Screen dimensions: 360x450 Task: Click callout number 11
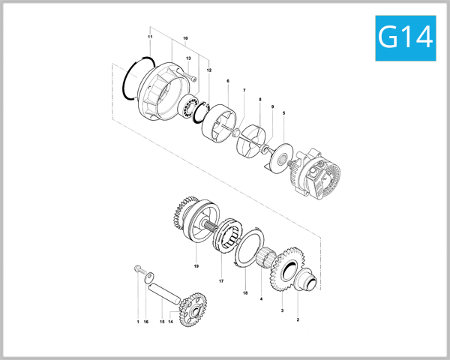point(150,37)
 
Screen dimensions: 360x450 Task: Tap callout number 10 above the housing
point(185,37)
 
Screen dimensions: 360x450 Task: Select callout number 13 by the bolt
point(188,58)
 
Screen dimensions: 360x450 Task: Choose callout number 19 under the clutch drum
point(196,266)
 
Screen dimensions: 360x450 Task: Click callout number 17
point(221,281)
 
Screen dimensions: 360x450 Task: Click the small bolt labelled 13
point(194,76)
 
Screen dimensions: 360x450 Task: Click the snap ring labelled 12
point(202,112)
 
